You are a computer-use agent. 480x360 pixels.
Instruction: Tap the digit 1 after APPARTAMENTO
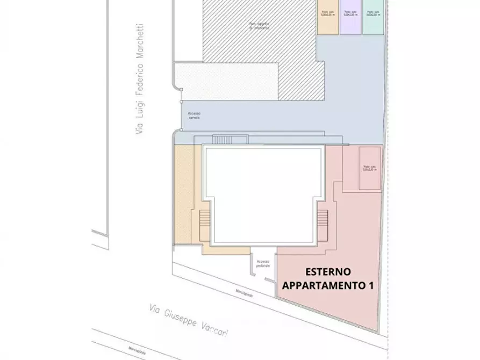[370, 285]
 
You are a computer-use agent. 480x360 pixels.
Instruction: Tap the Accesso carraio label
[194, 116]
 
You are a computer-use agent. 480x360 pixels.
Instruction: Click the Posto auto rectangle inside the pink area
[369, 169]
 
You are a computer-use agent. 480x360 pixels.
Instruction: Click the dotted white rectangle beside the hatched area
[226, 81]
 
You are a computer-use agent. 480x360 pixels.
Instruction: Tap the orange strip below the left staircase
[226, 249]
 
